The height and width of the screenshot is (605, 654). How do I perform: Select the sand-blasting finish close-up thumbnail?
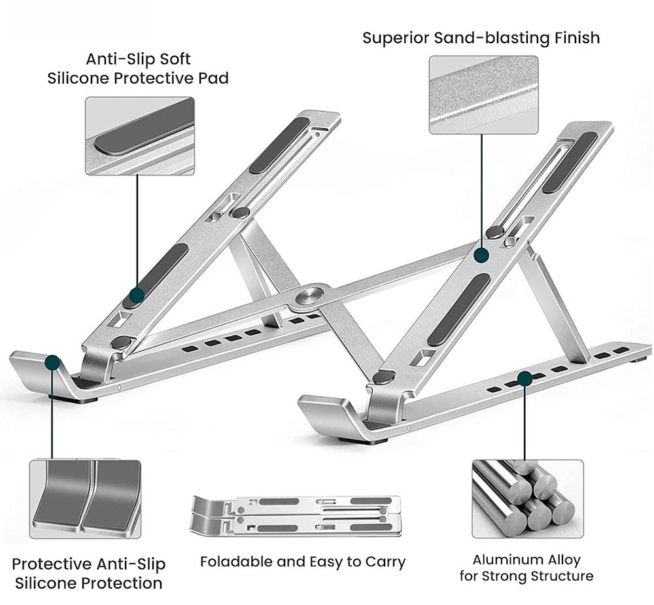483,95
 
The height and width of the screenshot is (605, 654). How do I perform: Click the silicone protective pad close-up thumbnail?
139,136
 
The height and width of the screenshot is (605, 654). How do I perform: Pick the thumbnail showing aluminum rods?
527,498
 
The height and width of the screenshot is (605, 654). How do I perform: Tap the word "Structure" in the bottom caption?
560,576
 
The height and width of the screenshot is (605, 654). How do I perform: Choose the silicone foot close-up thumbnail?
85,498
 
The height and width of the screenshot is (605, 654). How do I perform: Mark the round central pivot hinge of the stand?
311,295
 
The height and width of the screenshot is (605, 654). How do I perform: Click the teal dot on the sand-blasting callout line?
483,254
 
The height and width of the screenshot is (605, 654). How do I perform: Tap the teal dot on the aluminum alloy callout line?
524,377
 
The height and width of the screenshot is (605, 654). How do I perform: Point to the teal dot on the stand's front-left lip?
53,362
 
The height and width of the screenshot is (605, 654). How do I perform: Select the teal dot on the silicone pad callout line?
137,295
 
